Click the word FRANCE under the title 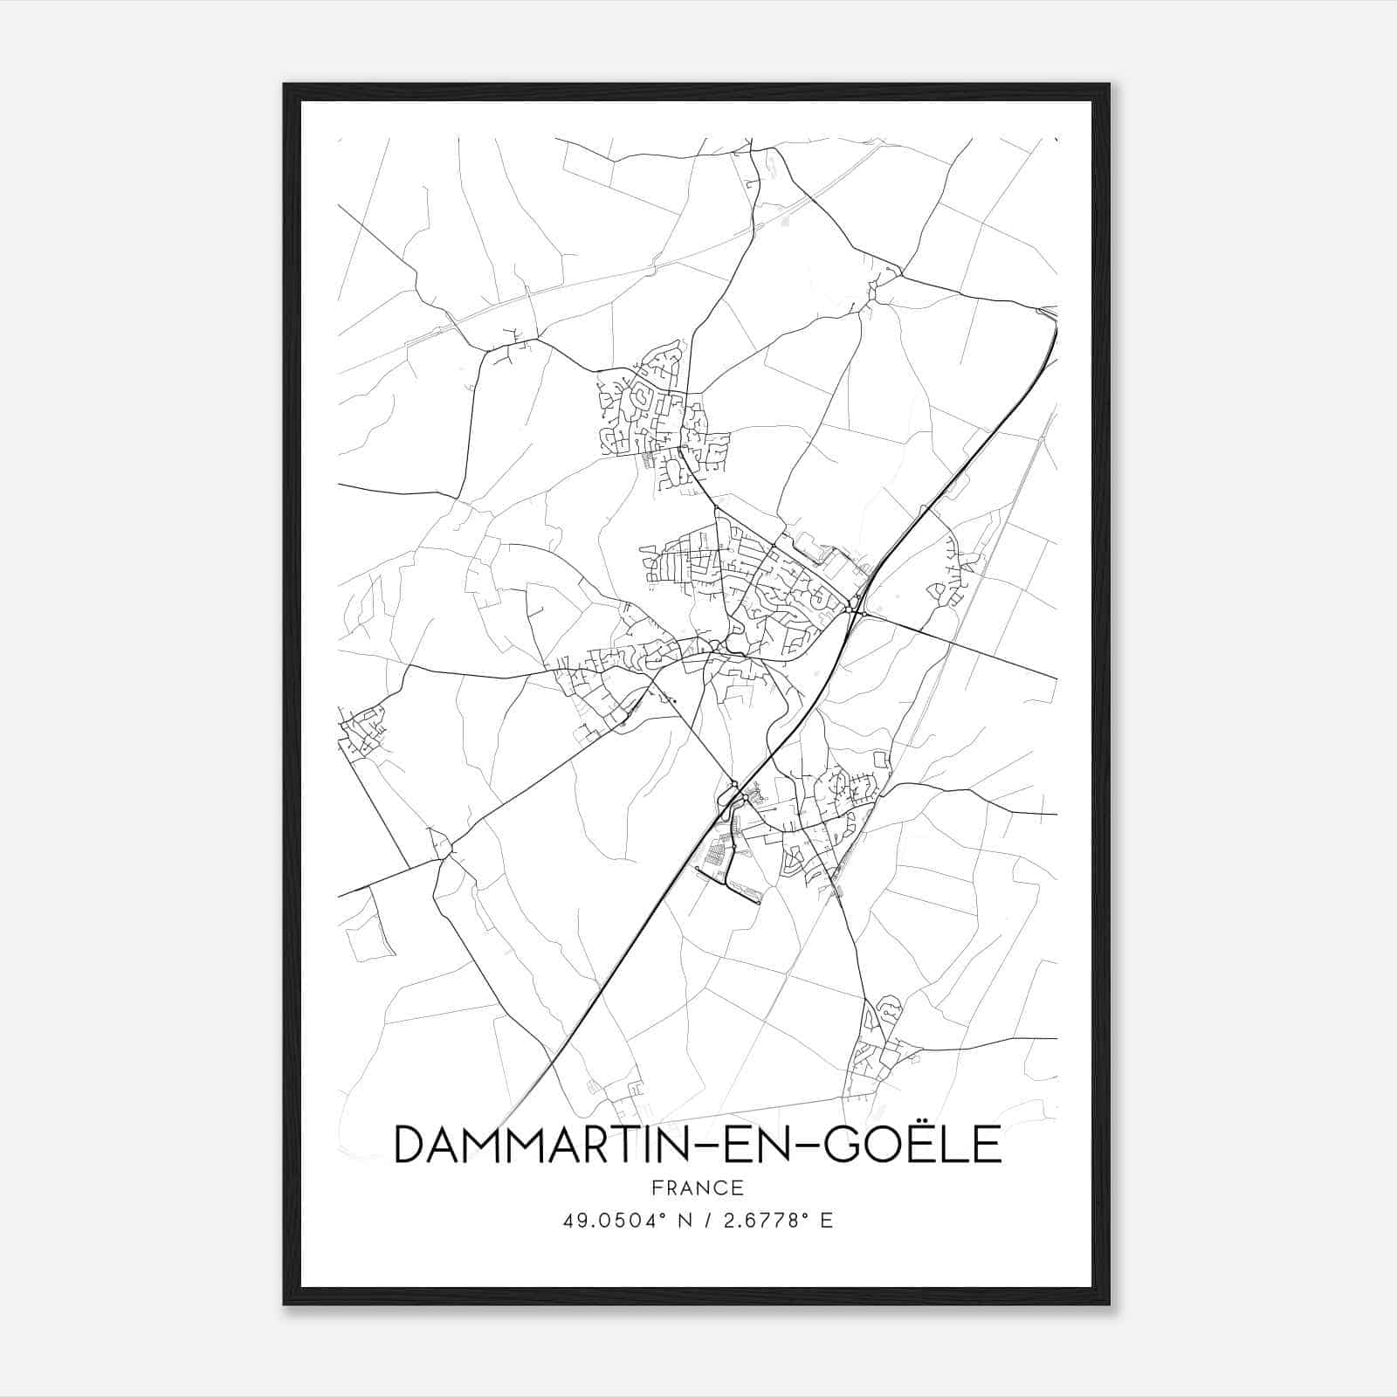click(x=697, y=1187)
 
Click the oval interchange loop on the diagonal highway click(x=730, y=796)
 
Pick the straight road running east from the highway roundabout click(x=960, y=646)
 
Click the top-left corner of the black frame click(x=285, y=86)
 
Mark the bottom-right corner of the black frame click(x=1108, y=1304)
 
